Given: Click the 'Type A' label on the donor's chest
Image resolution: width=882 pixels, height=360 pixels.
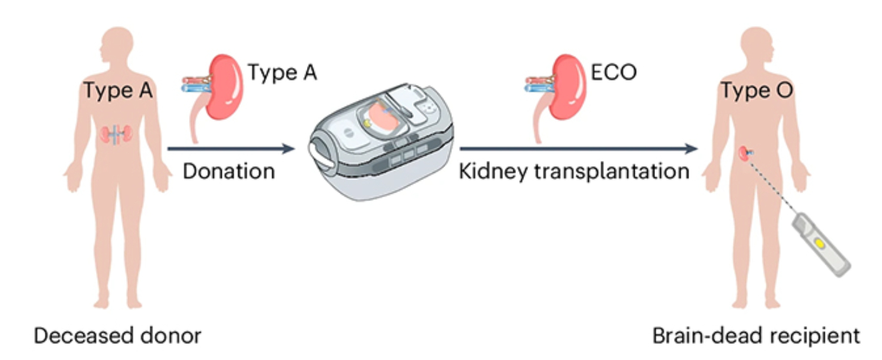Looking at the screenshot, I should pos(119,91).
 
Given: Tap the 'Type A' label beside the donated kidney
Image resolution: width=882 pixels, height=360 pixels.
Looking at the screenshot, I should pos(282,73).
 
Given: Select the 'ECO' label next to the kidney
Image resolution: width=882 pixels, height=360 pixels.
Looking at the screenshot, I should pos(613,73).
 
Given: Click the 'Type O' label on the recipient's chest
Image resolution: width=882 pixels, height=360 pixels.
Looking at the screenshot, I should pos(757,91).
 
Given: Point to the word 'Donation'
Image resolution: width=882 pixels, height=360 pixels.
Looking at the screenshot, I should pos(229,172).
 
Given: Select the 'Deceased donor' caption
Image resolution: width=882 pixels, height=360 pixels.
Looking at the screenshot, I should pos(117,336).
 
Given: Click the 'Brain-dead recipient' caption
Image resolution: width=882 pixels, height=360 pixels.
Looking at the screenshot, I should pos(756,336).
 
